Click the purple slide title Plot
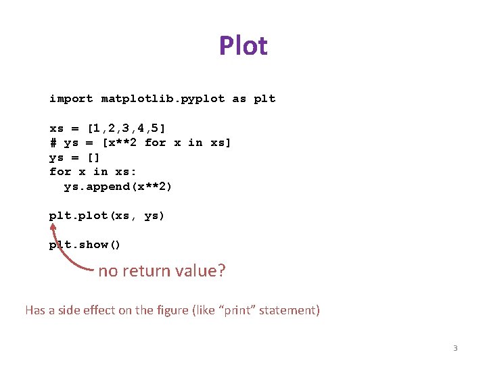pos(243,46)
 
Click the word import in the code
pos(71,99)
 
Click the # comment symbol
pos(53,143)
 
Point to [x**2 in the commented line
pos(120,143)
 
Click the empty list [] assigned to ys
pos(94,157)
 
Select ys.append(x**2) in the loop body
pos(118,187)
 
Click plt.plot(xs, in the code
pos(94,216)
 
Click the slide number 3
pos(455,348)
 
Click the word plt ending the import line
pos(264,99)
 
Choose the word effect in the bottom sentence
pos(101,310)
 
